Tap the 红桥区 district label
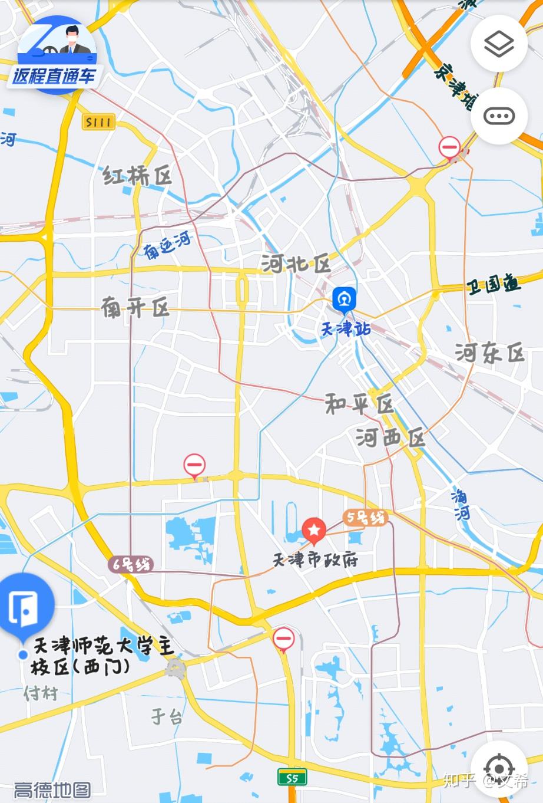(138, 175)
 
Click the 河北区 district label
(296, 264)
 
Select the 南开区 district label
(135, 307)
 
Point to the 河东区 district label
(489, 353)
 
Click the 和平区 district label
(359, 404)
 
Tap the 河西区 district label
(390, 438)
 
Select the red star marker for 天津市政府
(314, 530)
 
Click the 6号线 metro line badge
(131, 564)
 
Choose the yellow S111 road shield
(98, 122)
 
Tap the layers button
(499, 44)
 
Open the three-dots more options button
(499, 116)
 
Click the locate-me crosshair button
(499, 768)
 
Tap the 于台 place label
(167, 716)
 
